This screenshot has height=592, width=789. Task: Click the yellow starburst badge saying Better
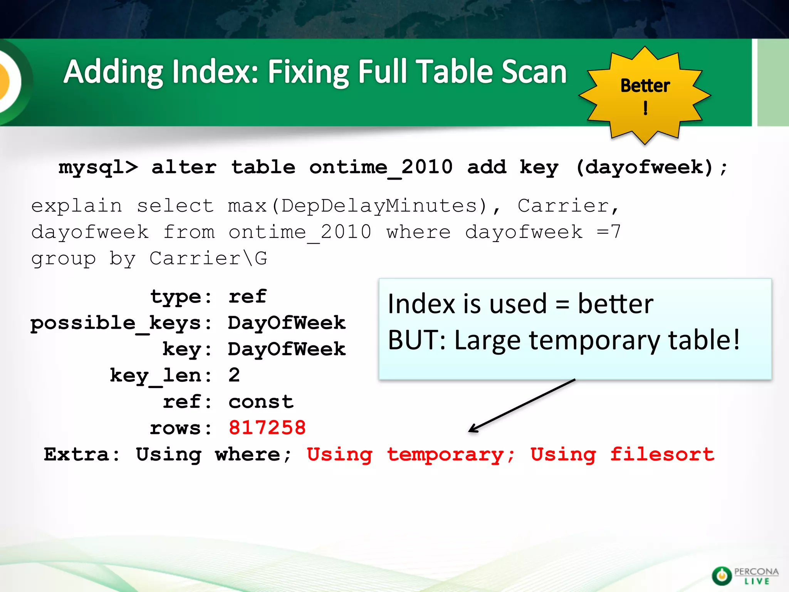coord(645,95)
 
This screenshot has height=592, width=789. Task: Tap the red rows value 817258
coord(267,428)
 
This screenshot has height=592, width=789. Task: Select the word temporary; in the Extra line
coord(450,455)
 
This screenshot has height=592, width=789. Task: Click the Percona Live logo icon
coord(721,576)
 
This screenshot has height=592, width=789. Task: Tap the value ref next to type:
coord(247,297)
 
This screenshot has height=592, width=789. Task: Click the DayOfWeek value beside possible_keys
coord(287,323)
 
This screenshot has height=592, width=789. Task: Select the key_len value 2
coord(234,375)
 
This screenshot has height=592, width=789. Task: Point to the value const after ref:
coord(261,402)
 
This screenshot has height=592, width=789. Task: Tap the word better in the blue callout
coord(615,304)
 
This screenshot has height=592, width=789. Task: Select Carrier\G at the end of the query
coord(208,258)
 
